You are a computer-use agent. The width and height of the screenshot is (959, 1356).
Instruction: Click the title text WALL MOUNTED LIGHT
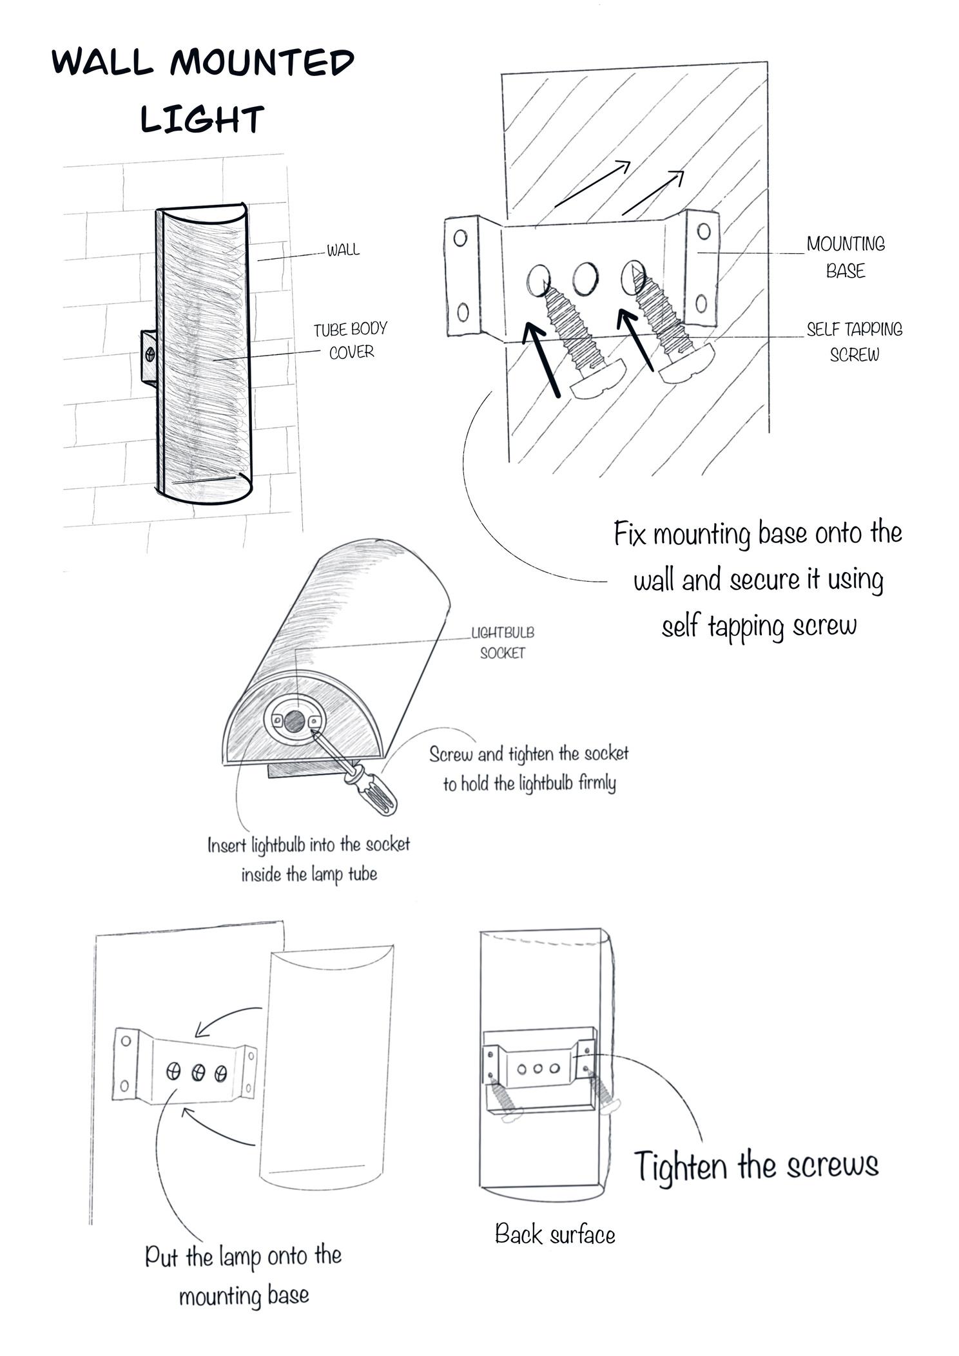pyautogui.click(x=203, y=90)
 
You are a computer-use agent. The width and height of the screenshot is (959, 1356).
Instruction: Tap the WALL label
pyautogui.click(x=343, y=250)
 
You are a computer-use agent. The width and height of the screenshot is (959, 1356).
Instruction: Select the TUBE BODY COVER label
pyautogui.click(x=351, y=341)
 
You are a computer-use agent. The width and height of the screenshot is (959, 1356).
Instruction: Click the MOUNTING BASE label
pyautogui.click(x=846, y=257)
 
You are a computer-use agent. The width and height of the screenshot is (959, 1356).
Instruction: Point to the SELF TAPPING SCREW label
pyautogui.click(x=855, y=342)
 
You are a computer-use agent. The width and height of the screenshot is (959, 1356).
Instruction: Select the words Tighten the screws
pyautogui.click(x=757, y=1165)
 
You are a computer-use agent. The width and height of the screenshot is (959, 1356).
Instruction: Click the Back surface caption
pyautogui.click(x=555, y=1234)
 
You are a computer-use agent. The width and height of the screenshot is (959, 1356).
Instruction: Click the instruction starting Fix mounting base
pyautogui.click(x=758, y=579)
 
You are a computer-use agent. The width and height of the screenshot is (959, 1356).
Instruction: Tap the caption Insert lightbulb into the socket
pyautogui.click(x=309, y=859)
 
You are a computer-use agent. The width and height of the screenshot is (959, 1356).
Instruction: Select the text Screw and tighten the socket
pyautogui.click(x=529, y=768)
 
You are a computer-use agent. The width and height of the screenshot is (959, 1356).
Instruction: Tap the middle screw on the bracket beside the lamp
pyautogui.click(x=199, y=1072)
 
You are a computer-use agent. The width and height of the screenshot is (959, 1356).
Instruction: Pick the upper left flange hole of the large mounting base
pyautogui.click(x=460, y=238)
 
